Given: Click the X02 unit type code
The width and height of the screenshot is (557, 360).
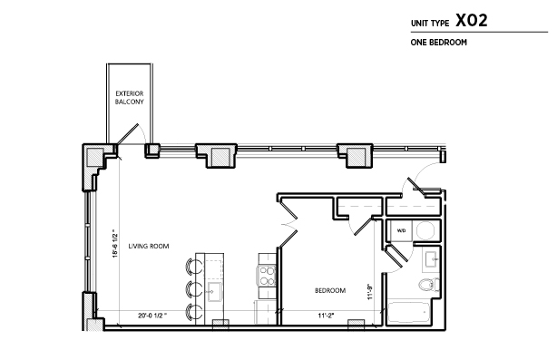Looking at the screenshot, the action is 472,21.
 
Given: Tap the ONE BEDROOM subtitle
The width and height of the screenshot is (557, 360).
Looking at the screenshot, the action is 439,43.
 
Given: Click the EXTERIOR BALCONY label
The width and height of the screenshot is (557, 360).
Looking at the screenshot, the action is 130,98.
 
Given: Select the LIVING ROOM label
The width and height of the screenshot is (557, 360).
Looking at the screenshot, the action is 149,246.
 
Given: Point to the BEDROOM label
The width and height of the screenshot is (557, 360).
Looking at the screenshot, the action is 330,290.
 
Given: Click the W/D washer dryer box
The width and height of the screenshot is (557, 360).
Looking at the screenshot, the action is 401,230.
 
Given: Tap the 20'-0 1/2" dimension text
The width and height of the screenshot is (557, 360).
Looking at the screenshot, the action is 152,316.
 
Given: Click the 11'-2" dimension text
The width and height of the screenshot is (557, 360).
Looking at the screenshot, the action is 326,316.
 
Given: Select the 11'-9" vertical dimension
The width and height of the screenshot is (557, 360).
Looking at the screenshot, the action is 370,291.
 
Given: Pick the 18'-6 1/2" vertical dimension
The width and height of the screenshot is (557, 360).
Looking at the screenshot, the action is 114,243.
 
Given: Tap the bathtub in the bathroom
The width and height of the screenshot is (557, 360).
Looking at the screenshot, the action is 408,313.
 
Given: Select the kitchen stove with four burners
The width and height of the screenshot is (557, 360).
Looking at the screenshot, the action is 267,276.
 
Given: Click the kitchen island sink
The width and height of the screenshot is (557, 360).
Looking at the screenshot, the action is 214,292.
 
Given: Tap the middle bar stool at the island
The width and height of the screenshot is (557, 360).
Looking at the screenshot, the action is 194,289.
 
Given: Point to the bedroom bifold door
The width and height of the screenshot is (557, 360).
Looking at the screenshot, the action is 288,222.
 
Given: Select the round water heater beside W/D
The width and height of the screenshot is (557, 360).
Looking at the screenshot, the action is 425,230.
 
